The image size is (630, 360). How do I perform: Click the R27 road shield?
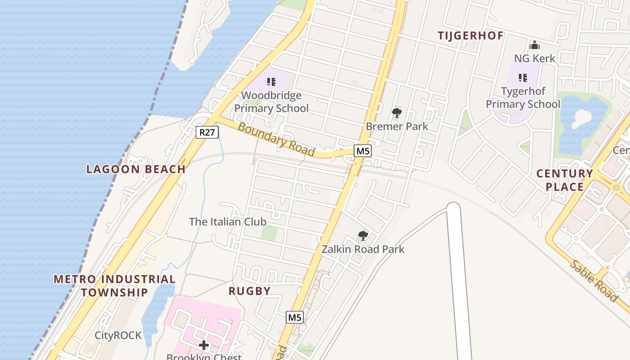pyautogui.click(x=207, y=132)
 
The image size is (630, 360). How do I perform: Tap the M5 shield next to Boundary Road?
pyautogui.click(x=363, y=151)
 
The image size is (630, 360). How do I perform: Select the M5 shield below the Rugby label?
pyautogui.click(x=294, y=317)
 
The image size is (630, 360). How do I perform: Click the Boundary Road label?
pyautogui.click(x=276, y=139)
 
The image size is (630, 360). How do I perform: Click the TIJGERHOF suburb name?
pyautogui.click(x=470, y=36)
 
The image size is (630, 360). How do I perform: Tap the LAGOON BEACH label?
pyautogui.click(x=136, y=169)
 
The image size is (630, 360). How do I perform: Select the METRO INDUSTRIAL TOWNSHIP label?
pyautogui.click(x=114, y=285)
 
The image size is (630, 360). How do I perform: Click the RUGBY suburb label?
pyautogui.click(x=250, y=291)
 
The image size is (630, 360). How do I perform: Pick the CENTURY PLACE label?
pyautogui.click(x=565, y=180)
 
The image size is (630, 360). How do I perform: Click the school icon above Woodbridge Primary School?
pyautogui.click(x=271, y=82)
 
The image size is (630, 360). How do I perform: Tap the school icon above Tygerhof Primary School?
pyautogui.click(x=522, y=78)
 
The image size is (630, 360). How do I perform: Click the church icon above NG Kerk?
pyautogui.click(x=535, y=45)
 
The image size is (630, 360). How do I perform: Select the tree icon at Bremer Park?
pyautogui.click(x=396, y=112)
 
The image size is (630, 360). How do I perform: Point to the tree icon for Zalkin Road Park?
pyautogui.click(x=363, y=235)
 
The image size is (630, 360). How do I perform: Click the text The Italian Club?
pyautogui.click(x=228, y=222)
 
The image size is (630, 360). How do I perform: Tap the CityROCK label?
pyautogui.click(x=118, y=335)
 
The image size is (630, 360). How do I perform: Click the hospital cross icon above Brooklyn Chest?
pyautogui.click(x=204, y=345)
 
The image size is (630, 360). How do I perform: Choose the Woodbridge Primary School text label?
pyautogui.click(x=271, y=102)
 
